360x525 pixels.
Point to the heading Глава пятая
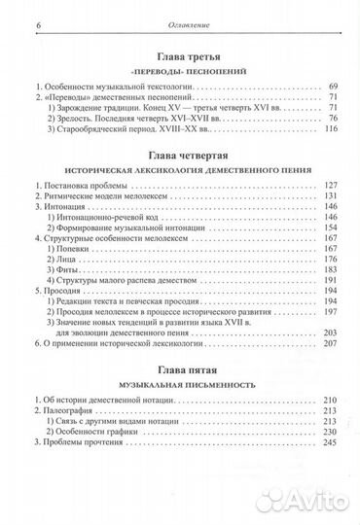click(x=180, y=370)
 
